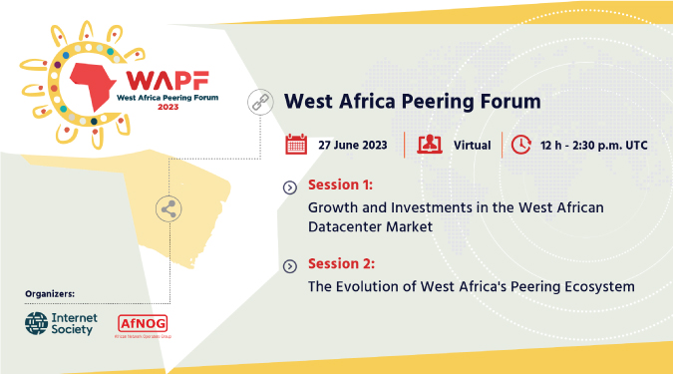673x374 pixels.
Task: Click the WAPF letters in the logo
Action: pos(154,79)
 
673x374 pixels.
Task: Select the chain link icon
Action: pos(260,101)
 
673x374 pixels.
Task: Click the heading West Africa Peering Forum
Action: pos(412,102)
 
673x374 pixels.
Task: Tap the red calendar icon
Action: pos(296,145)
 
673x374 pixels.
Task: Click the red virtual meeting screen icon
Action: pos(430,145)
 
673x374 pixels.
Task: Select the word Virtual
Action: pos(472,146)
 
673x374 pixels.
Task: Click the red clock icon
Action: pos(521,145)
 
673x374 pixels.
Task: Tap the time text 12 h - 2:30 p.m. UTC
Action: pos(594,146)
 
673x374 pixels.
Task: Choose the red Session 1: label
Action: pos(341,187)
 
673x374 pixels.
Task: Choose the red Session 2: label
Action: pos(341,264)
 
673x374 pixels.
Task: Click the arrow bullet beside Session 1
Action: pos(289,187)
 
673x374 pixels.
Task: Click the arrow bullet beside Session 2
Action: pos(289,265)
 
